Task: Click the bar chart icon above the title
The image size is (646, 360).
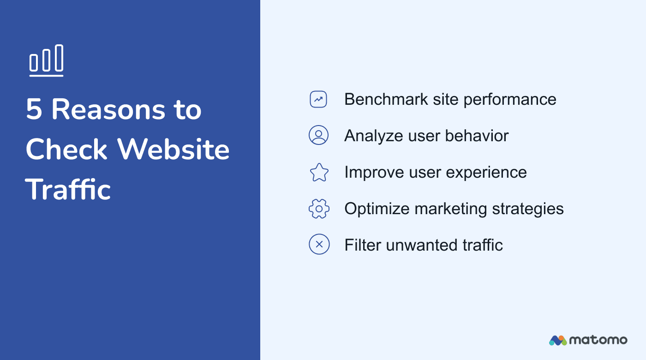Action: [46, 60]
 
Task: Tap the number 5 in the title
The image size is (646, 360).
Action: [34, 110]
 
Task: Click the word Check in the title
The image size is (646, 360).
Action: [66, 150]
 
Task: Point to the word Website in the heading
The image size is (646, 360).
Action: [173, 150]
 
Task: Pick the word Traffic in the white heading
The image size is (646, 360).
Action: [68, 189]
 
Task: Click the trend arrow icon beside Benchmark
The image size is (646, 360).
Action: [318, 99]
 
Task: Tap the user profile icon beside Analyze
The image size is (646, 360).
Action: [318, 135]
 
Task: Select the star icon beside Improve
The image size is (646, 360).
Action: [319, 172]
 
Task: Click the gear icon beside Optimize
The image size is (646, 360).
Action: [319, 209]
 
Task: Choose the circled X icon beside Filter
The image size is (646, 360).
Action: [319, 245]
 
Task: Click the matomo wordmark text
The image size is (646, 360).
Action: [598, 340]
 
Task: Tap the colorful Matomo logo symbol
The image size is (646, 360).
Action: [557, 340]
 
